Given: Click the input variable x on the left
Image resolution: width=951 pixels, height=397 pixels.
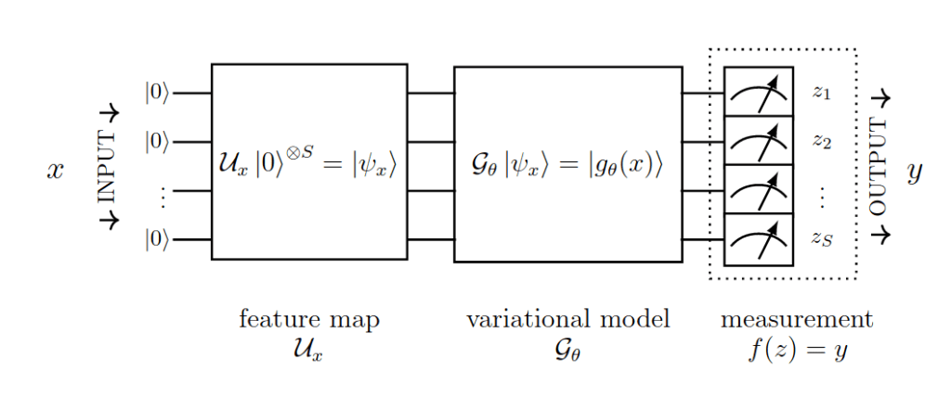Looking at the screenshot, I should (56, 171).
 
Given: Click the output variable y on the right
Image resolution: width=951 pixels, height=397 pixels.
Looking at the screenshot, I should (914, 173).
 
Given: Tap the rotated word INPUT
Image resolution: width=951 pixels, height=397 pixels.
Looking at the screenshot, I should (108, 167).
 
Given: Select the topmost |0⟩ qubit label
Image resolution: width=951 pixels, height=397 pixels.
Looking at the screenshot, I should (157, 93).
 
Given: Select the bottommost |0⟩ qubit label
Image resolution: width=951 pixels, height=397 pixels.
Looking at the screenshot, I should (157, 239).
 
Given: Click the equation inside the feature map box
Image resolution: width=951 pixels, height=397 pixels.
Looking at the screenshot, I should (308, 168).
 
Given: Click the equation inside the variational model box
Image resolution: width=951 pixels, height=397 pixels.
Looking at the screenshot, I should (567, 168).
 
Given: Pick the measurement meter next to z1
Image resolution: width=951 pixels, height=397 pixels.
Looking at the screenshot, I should (758, 92).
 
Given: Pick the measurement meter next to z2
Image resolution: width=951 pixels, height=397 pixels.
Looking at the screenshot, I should (758, 141).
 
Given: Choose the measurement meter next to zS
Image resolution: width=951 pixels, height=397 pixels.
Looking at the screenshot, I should (758, 240).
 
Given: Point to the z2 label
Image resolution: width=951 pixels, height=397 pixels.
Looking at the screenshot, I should (821, 141).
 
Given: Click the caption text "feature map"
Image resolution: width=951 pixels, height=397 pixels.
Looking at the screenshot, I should (309, 320).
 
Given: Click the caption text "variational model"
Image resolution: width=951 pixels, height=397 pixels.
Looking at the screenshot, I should (567, 320).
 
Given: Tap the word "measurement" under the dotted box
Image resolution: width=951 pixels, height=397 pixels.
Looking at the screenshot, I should (797, 320).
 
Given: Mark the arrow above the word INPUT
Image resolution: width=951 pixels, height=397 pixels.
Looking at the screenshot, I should (109, 113).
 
